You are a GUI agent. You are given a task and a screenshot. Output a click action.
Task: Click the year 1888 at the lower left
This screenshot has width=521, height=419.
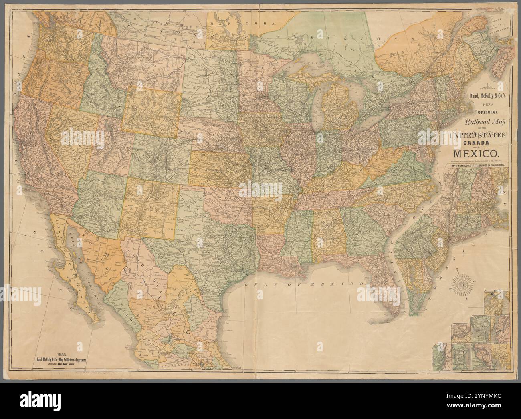pos(62,354)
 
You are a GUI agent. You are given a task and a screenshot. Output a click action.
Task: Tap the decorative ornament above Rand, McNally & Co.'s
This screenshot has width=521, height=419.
pos(476,86)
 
